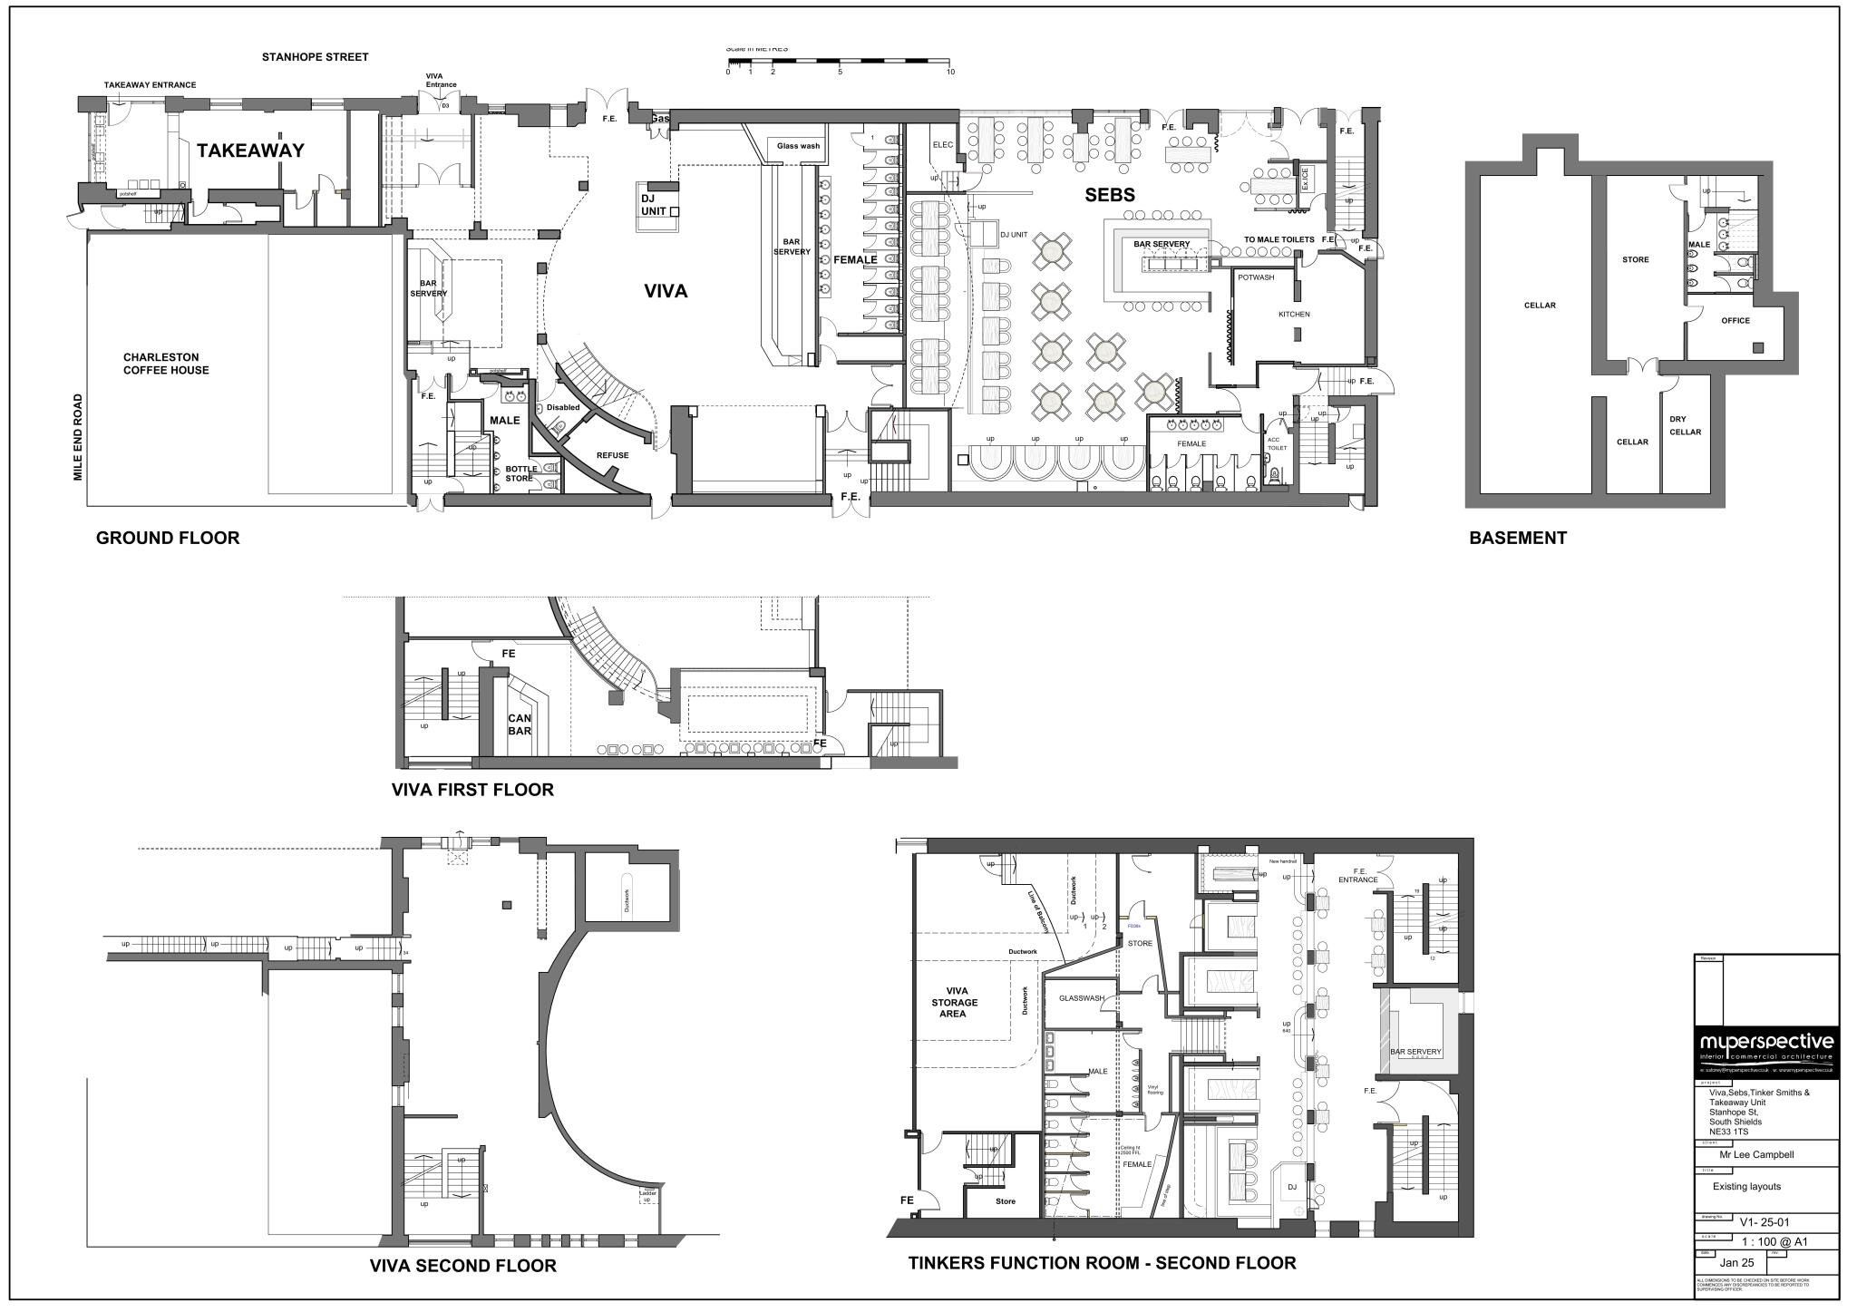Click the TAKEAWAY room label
[x=250, y=151]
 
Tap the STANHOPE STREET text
[x=315, y=57]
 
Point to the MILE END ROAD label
[x=78, y=437]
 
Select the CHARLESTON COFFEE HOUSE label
[x=166, y=364]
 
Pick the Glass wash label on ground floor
[x=798, y=146]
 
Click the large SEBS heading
[x=1110, y=195]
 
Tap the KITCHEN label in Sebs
[x=1294, y=315]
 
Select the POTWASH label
[x=1256, y=277]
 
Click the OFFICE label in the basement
[x=1735, y=321]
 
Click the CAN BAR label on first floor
[x=519, y=724]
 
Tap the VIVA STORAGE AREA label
[x=954, y=1002]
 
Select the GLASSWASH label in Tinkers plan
[x=1081, y=998]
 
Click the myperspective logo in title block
[x=1765, y=1043]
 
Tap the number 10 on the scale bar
[x=949, y=72]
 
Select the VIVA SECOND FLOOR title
[x=462, y=1266]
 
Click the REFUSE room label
[x=612, y=455]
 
